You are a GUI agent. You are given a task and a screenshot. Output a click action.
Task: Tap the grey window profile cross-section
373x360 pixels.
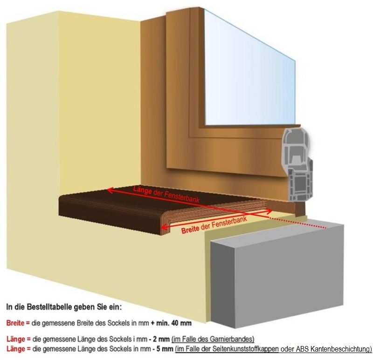297,163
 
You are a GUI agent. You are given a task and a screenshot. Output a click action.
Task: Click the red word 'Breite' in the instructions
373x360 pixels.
14,323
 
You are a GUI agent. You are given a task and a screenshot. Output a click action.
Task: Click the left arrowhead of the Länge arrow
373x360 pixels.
110,189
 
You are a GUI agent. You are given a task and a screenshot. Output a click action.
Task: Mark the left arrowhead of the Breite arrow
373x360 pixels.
163,229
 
